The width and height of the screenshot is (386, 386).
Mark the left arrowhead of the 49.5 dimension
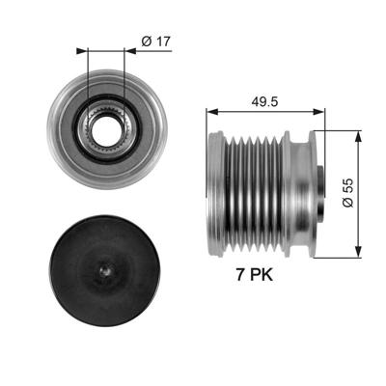(212, 111)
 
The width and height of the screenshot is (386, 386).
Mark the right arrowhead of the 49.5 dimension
(325, 111)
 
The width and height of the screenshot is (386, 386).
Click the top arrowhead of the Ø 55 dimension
(358, 132)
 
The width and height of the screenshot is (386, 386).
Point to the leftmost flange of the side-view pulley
(213, 193)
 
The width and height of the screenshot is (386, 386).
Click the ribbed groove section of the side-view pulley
(256, 193)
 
